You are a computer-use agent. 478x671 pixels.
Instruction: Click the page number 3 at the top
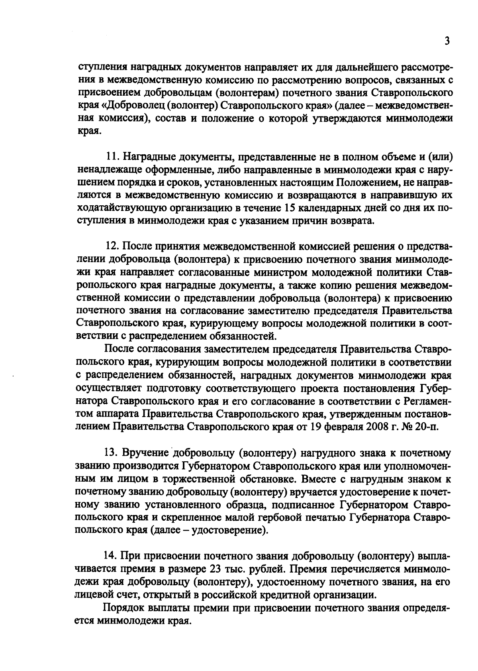point(447,41)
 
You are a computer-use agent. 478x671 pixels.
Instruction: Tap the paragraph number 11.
point(111,157)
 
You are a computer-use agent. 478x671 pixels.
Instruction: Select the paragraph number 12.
point(111,247)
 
